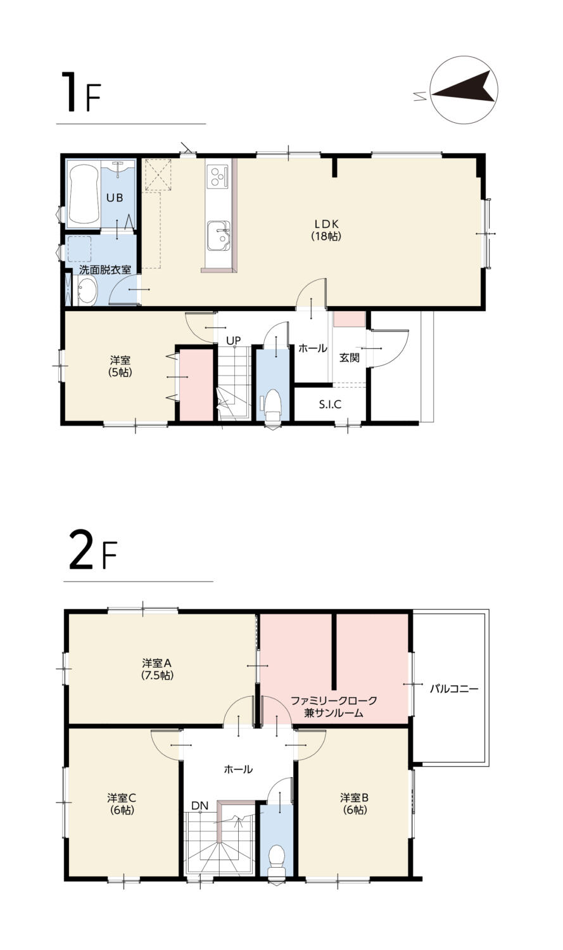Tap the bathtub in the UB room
point(84,194)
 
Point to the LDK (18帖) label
point(326,230)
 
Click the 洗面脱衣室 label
point(105,269)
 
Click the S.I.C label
point(330,404)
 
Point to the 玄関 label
point(350,358)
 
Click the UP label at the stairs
point(233,340)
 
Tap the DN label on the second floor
point(199,805)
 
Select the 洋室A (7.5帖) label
point(157,669)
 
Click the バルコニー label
point(454,688)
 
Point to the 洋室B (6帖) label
point(355,804)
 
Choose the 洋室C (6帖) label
point(122,804)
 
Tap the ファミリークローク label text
point(334,700)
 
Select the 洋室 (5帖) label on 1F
point(120,366)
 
